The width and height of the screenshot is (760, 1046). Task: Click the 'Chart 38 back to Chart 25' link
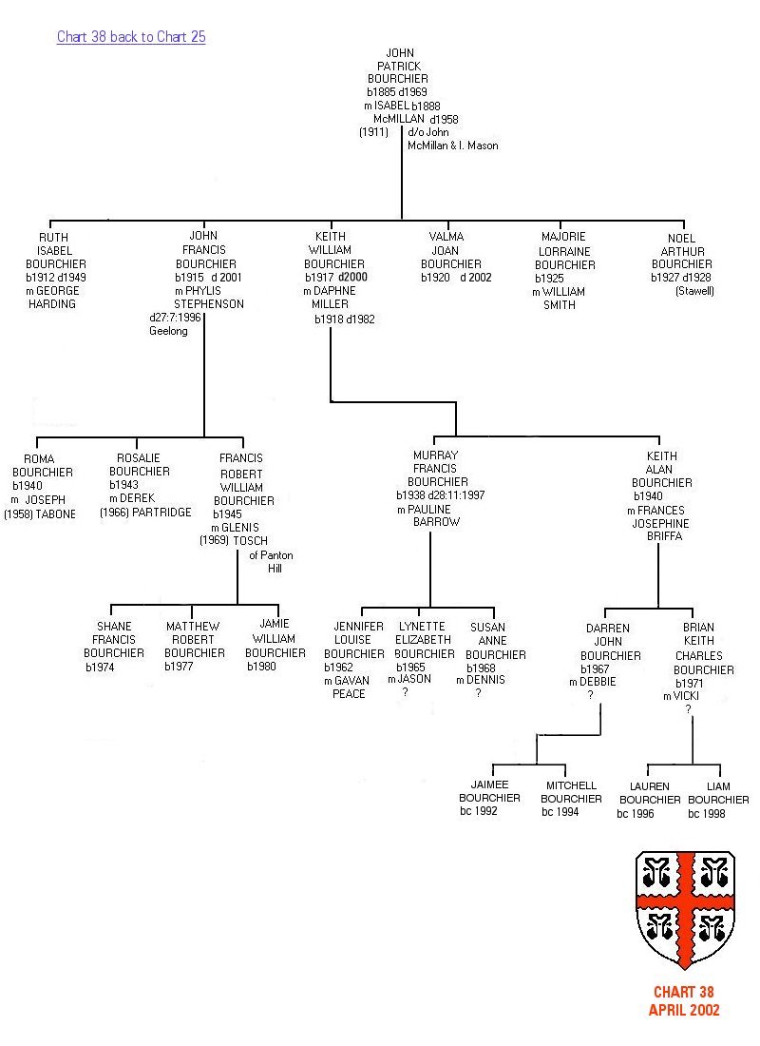pyautogui.click(x=131, y=37)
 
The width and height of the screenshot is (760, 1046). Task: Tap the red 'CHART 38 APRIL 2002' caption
pyautogui.click(x=683, y=1001)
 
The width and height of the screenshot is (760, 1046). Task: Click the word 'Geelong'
pyautogui.click(x=168, y=331)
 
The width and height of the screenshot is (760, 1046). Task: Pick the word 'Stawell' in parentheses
pyautogui.click(x=694, y=291)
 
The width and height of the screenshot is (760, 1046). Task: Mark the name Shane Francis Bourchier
pyautogui.click(x=114, y=640)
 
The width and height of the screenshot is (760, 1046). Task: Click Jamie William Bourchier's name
pyautogui.click(x=275, y=639)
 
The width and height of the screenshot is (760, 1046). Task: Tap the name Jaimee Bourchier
pyautogui.click(x=489, y=791)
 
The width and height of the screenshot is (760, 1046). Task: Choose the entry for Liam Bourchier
pyautogui.click(x=719, y=793)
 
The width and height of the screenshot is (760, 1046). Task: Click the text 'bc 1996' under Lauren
pyautogui.click(x=636, y=814)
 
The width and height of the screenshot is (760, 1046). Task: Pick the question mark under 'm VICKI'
pyautogui.click(x=688, y=709)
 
